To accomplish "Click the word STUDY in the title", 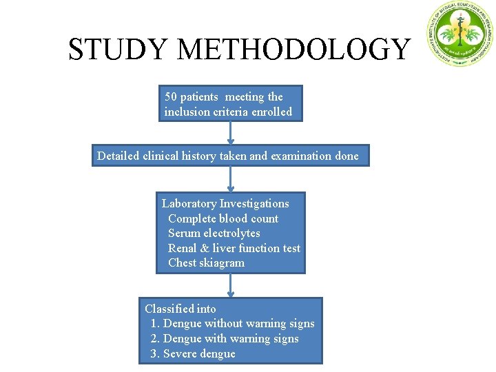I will point(118,50).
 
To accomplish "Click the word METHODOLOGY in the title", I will point(293,50).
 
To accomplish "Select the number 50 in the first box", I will point(172,97).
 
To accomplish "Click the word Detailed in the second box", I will point(118,156).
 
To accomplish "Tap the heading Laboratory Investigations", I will point(225,203).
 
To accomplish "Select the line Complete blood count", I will point(223,218).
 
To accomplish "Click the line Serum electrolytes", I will point(214,233).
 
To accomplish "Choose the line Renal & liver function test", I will point(234,248).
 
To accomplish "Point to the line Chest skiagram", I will point(206,262).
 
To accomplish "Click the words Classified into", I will point(180,309).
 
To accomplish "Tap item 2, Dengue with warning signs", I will point(225,338).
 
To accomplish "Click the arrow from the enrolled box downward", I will point(231,133).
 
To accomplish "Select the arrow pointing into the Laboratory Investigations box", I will point(231,180).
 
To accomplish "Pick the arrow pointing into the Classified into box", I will point(231,285).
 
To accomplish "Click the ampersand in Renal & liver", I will point(205,248).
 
